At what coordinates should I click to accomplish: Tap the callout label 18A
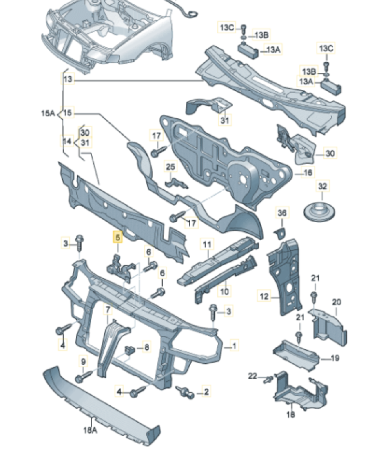(x=90, y=430)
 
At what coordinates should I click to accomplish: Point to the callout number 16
(x=308, y=173)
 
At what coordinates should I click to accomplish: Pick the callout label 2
(x=206, y=392)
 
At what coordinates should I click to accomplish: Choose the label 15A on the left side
(x=47, y=113)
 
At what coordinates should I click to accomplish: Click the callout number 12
(x=264, y=297)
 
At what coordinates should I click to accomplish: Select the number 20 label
(x=336, y=302)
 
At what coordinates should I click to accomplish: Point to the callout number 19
(x=335, y=358)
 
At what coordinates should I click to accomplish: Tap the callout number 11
(x=206, y=244)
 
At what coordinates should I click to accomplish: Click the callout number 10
(x=224, y=291)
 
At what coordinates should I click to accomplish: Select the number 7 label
(x=108, y=310)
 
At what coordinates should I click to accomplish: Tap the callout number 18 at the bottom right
(x=291, y=415)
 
